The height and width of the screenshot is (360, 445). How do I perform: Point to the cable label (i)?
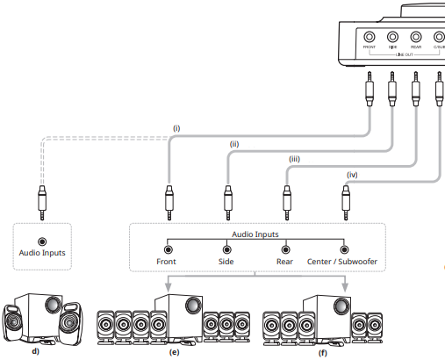click(x=176, y=128)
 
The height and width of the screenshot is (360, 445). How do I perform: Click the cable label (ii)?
click(x=234, y=143)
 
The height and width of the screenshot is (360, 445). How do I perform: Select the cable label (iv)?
click(x=353, y=174)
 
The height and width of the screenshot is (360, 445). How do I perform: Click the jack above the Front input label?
click(x=168, y=248)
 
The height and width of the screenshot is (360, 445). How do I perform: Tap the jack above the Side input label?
click(x=226, y=248)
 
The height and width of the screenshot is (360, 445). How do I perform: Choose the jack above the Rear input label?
click(x=285, y=248)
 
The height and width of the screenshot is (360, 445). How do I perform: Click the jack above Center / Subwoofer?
click(x=344, y=248)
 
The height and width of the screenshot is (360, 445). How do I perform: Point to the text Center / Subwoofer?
click(x=343, y=262)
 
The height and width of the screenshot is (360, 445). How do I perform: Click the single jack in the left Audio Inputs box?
click(x=42, y=241)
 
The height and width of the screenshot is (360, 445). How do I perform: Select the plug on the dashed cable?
click(x=42, y=200)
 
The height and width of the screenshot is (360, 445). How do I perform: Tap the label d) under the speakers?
click(x=35, y=351)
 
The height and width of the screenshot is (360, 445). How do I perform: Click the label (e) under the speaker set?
click(x=174, y=351)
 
